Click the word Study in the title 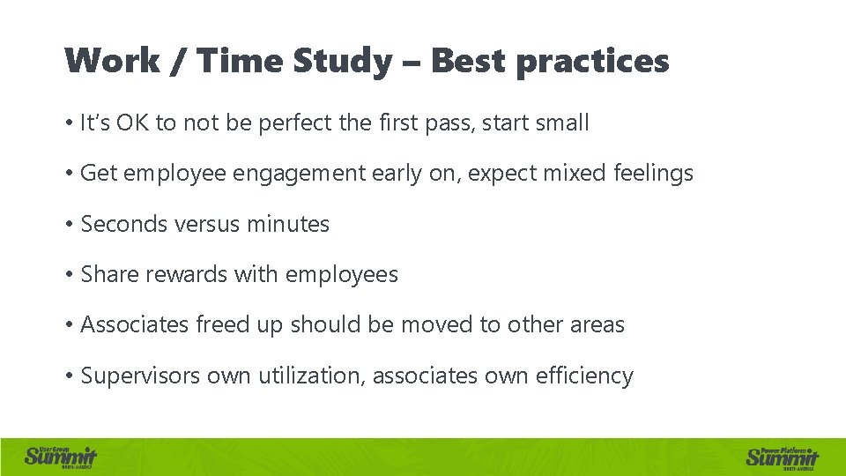pyautogui.click(x=342, y=62)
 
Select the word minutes pyautogui.click(x=287, y=224)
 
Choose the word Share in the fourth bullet pyautogui.click(x=106, y=274)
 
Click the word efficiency pyautogui.click(x=589, y=376)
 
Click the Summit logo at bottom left pyautogui.click(x=61, y=457)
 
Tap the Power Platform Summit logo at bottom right pyautogui.click(x=783, y=457)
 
